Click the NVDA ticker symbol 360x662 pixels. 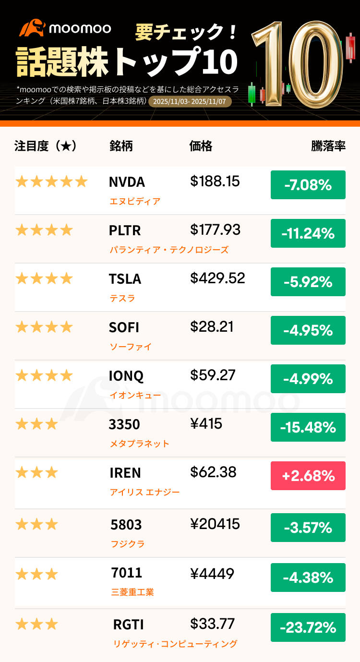tap(127, 182)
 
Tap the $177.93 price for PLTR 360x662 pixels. tap(215, 230)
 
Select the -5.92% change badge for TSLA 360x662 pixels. tap(308, 282)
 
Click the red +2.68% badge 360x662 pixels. tap(308, 476)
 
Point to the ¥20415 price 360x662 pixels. tap(215, 524)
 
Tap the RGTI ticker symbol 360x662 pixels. tap(128, 625)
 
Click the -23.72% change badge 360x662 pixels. tap(308, 627)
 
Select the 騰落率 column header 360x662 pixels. tap(328, 146)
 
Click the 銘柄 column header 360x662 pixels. tap(121, 146)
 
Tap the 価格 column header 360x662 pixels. tap(201, 146)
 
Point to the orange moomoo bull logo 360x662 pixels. tap(32, 28)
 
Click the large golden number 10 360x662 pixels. tap(298, 65)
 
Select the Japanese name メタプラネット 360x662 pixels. tap(139, 444)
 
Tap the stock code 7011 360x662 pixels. tap(126, 573)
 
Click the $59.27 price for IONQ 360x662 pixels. tap(213, 375)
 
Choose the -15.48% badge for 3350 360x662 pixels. tap(308, 427)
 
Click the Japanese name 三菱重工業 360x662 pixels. tap(132, 592)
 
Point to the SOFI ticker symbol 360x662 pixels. tap(124, 327)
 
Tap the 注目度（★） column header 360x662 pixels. tap(46, 146)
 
